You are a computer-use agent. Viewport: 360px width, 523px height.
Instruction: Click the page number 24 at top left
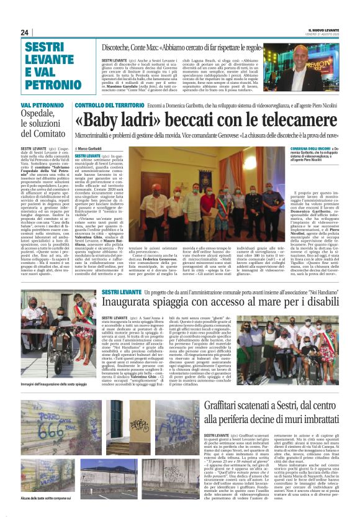24,32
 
